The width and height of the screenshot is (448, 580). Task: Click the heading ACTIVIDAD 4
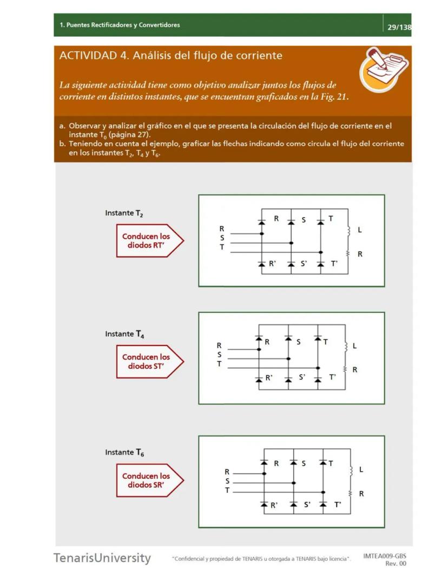171,56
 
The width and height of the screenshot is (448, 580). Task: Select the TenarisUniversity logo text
102,558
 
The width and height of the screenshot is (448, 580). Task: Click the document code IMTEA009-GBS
385,556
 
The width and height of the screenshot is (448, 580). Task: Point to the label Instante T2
124,213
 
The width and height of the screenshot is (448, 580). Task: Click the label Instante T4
124,334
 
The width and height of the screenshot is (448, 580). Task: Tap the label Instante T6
124,452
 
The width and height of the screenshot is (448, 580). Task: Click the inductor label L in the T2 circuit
359,230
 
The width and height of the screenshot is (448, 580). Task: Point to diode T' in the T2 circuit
320,264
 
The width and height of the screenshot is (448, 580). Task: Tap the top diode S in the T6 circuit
293,463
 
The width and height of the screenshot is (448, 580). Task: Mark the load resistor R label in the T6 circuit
361,493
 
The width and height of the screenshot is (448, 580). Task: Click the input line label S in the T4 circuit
219,355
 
